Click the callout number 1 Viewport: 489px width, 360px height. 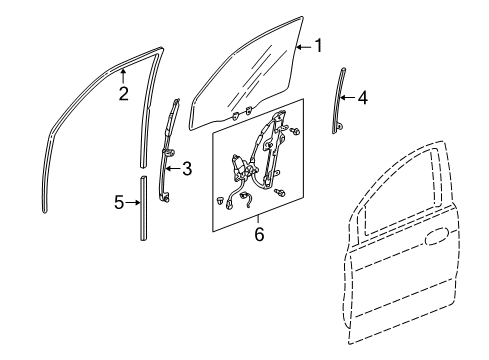click(x=319, y=46)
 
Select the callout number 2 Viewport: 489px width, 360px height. click(x=124, y=94)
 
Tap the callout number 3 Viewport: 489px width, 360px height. click(x=187, y=169)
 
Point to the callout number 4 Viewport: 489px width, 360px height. click(x=363, y=98)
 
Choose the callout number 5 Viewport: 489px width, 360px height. click(x=119, y=202)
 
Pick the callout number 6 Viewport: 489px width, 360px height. click(x=259, y=234)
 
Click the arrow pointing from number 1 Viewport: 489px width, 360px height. click(x=304, y=47)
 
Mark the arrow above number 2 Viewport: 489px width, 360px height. click(x=123, y=75)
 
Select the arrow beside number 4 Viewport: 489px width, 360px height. click(x=348, y=98)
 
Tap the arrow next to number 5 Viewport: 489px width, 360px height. click(x=133, y=202)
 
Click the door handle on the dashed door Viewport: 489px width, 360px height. click(x=436, y=236)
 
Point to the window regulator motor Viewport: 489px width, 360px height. click(x=241, y=166)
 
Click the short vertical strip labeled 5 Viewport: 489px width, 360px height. click(x=143, y=208)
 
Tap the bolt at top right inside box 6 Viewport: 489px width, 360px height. click(x=294, y=131)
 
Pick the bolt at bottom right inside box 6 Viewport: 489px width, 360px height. click(x=279, y=193)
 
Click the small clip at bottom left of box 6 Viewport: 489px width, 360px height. click(x=219, y=200)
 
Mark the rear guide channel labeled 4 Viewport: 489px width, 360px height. click(x=339, y=101)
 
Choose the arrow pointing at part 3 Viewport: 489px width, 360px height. click(x=173, y=168)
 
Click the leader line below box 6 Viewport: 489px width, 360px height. click(x=258, y=221)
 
